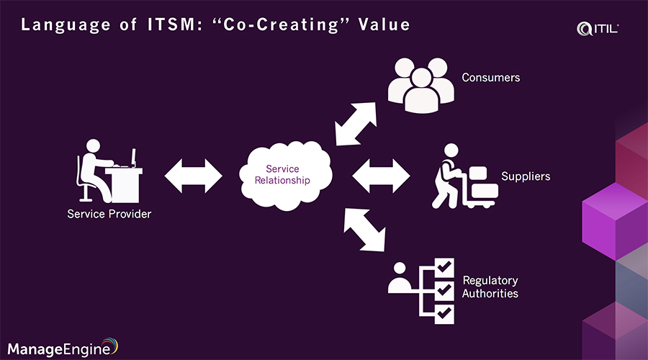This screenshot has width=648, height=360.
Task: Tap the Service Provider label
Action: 109,214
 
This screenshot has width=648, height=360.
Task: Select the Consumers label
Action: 490,77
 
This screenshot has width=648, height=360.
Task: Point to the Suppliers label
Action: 525,176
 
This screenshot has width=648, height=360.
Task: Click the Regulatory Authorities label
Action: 490,287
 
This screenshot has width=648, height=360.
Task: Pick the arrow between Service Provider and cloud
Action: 194,175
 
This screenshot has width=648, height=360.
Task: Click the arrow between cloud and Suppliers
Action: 381,175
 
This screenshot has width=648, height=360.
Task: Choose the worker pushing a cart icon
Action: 464,177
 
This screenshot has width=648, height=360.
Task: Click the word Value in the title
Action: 386,25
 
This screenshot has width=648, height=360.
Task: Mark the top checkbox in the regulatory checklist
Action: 444,266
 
